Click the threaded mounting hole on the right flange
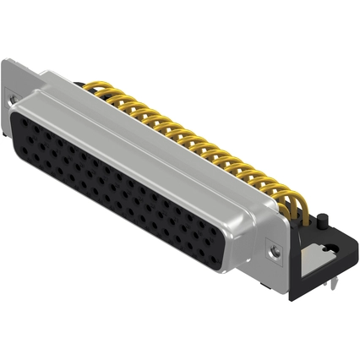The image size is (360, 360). click(272, 250)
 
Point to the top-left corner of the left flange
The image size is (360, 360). click(4, 61)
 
